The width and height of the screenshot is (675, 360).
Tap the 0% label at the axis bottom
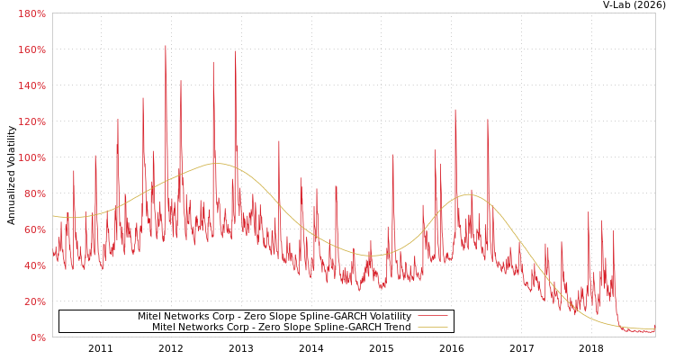pos(38,337)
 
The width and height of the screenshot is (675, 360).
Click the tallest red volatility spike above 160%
pos(166,46)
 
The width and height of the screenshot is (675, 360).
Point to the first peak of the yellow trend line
pos(216,163)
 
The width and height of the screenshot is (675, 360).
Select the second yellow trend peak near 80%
pos(469,194)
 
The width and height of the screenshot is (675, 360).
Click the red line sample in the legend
pos(433,316)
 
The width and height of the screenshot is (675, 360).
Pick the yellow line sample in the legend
pos(433,327)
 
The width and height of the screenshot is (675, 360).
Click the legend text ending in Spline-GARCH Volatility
pos(274,316)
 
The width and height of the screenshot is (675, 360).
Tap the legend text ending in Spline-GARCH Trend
pos(282,327)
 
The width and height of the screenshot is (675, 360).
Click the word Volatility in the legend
pos(390,316)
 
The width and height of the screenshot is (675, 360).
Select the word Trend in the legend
pos(397,327)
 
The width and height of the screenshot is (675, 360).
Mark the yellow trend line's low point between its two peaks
pos(376,255)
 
